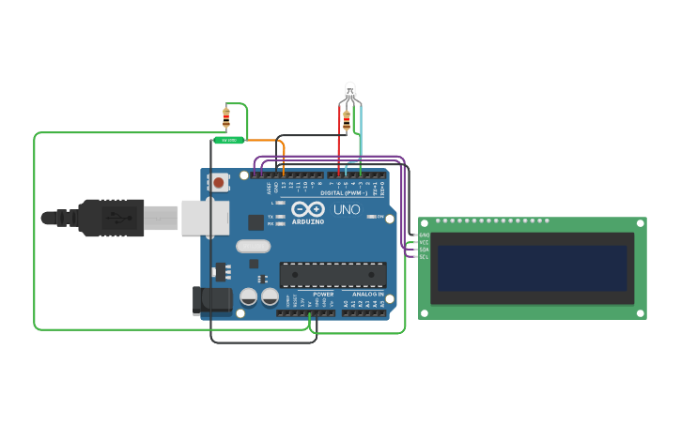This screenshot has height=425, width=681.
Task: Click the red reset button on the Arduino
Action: click(x=219, y=182)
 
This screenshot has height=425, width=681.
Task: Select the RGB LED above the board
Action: click(x=349, y=91)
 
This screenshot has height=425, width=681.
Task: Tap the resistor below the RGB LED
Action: click(x=347, y=120)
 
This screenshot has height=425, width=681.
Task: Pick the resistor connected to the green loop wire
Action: click(x=225, y=118)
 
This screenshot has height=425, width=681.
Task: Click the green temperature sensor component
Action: click(x=228, y=140)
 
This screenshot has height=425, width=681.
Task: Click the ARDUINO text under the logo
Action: click(x=308, y=222)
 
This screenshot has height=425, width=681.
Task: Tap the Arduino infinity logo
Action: click(x=307, y=209)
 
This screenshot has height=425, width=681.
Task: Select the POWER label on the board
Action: click(x=323, y=294)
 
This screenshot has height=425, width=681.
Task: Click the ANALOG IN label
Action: click(x=368, y=294)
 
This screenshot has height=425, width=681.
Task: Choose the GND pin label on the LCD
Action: click(x=424, y=235)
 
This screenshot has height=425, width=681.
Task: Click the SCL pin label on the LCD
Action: click(x=424, y=256)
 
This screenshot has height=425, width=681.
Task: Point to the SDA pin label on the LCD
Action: click(x=424, y=249)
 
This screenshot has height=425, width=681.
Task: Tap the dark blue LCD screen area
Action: click(x=532, y=268)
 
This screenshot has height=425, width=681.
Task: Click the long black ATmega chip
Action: click(x=333, y=274)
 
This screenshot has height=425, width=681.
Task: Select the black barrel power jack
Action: click(x=212, y=299)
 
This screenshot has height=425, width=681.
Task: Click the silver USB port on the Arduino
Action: click(x=206, y=217)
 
